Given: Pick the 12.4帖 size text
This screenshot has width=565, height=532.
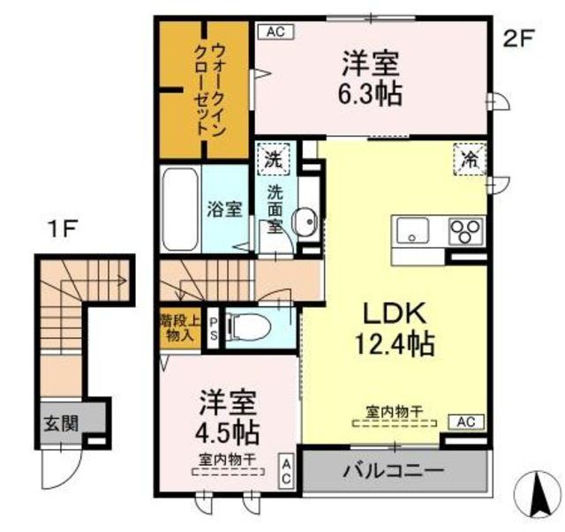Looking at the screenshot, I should pos(395,343).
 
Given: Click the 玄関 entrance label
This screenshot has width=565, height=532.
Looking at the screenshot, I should pos(62,423).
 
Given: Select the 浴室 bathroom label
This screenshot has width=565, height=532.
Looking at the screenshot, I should pos(224,209).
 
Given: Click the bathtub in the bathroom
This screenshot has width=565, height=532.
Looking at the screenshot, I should pos(181,210).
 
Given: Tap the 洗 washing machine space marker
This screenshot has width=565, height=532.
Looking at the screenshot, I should pos(274,161).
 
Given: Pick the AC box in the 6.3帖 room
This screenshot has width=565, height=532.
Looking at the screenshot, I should pos(275,33).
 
